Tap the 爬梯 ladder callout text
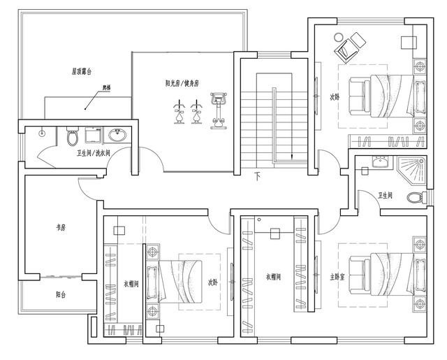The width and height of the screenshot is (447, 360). (87, 89)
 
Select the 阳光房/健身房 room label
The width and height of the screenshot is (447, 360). (182, 83)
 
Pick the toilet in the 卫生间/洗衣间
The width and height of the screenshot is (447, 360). (72, 135)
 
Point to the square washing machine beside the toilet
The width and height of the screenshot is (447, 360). (93, 134)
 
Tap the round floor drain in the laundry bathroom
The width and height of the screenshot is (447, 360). (43, 131)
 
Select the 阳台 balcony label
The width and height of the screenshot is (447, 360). (61, 294)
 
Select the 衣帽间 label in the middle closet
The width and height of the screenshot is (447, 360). (274, 277)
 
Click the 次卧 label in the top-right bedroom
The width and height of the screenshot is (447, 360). (335, 97)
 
